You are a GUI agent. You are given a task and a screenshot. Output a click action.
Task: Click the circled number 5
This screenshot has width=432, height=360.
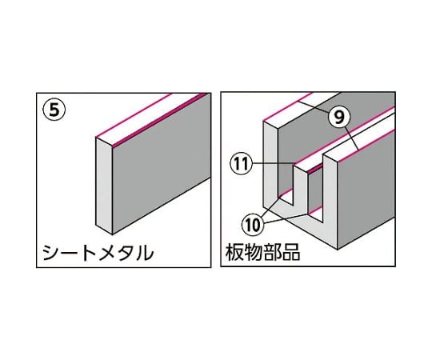(54, 110)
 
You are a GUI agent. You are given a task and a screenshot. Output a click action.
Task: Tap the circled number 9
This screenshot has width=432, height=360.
(339, 117)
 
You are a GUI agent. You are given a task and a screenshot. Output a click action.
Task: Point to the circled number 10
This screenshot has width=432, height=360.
(252, 226)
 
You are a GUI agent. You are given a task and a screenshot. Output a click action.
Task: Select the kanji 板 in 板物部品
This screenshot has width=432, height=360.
(235, 252)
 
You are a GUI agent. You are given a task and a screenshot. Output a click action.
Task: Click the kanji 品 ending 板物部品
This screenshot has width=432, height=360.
(291, 252)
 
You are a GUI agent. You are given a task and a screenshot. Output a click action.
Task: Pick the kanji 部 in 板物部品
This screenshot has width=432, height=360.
(273, 252)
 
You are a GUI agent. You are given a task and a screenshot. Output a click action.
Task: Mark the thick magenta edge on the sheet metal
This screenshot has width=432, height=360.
(160, 119)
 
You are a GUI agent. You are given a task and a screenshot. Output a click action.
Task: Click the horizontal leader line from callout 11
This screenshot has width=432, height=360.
(273, 163)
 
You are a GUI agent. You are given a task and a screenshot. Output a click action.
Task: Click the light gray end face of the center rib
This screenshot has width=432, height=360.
(299, 187)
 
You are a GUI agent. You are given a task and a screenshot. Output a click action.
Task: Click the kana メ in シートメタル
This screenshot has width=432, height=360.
(99, 253)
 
